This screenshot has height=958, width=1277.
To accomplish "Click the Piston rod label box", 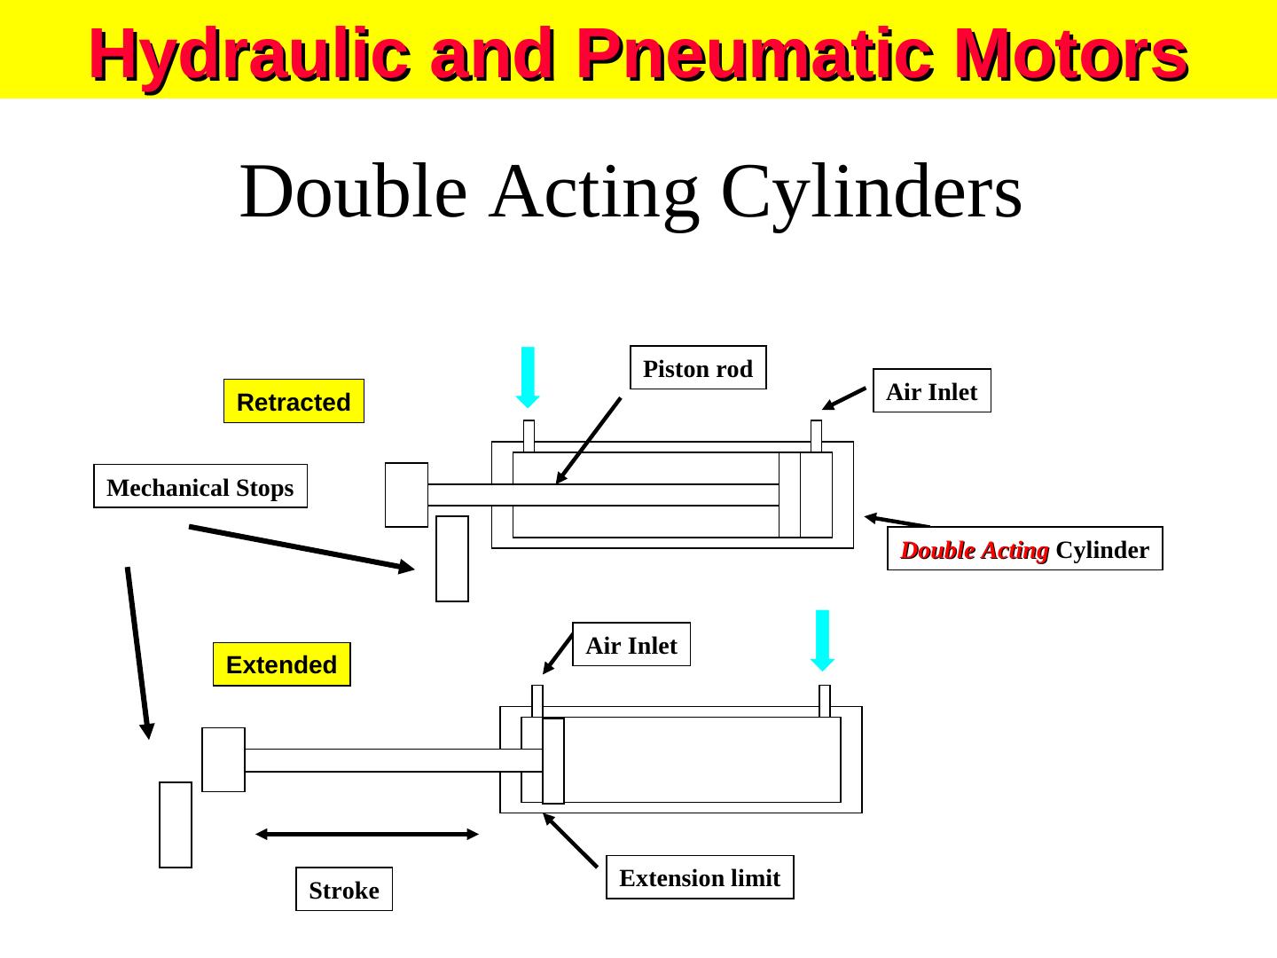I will tap(698, 368).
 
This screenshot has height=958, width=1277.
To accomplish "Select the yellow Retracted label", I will tap(294, 402).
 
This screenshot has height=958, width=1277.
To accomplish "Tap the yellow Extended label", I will tap(282, 664).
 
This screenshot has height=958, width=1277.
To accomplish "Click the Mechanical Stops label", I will tap(200, 487).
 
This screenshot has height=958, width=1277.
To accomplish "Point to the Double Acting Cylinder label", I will tap(1024, 549).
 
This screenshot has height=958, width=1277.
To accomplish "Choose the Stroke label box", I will tap(344, 889).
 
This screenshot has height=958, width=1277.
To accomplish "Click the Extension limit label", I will tap(700, 877).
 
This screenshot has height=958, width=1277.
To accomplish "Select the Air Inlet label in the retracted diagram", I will tap(931, 391).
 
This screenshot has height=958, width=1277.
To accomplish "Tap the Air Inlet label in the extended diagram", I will tap(631, 645).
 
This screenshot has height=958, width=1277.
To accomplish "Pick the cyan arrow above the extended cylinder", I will tap(823, 640).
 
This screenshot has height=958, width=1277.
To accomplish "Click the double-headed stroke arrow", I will tap(367, 834).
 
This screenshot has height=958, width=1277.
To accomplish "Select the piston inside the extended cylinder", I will tap(553, 760).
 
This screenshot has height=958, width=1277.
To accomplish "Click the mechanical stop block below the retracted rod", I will tap(452, 559).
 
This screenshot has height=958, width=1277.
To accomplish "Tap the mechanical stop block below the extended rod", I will tap(176, 824).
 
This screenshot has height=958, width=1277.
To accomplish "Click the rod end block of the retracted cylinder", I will tap(407, 494).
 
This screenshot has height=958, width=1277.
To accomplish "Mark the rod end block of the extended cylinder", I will tap(223, 759).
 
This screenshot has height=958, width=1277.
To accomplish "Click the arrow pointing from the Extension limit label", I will tap(570, 840).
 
